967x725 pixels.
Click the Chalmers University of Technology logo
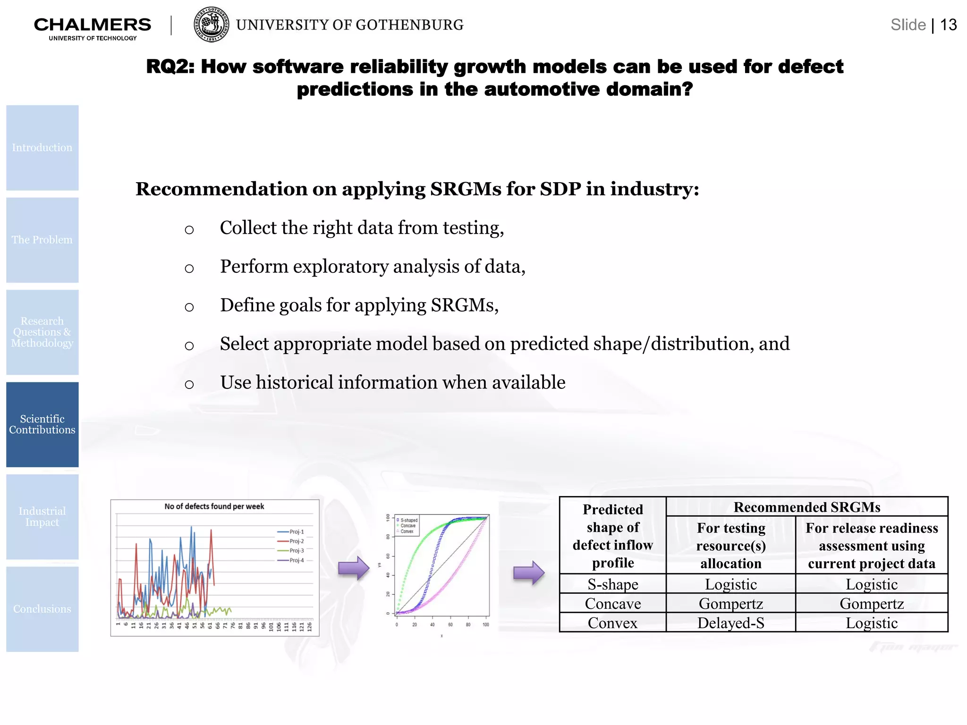(93, 27)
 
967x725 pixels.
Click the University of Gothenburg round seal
(212, 25)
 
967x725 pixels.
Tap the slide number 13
(948, 25)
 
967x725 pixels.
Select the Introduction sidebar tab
(42, 148)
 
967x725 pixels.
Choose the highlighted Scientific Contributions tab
(42, 424)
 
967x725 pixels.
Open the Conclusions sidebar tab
(42, 609)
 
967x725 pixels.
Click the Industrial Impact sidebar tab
(42, 517)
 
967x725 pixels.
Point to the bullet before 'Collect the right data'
(189, 230)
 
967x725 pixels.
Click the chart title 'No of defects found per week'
(214, 506)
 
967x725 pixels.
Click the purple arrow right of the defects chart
(354, 568)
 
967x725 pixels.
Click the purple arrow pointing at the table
(529, 573)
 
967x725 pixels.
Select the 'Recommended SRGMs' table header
(807, 507)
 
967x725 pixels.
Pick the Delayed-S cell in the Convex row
(731, 623)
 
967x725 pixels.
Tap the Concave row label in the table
(613, 604)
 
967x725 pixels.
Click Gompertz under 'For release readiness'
(872, 604)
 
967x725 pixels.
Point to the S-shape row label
(613, 584)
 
